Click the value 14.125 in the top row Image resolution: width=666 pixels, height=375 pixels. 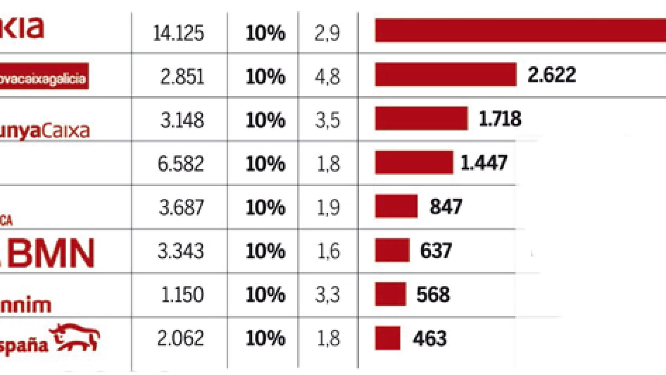click(178, 33)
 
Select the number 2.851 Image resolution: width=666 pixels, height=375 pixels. click(182, 77)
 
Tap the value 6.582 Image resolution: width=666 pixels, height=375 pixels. click(181, 164)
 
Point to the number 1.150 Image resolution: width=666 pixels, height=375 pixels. click(182, 295)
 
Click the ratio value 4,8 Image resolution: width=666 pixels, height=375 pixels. click(327, 77)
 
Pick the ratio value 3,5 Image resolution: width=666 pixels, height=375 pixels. click(327, 120)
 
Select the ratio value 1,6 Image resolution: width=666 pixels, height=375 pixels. click(328, 251)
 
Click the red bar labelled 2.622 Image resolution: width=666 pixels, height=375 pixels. click(445, 75)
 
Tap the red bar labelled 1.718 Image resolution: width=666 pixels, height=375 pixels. click(421, 118)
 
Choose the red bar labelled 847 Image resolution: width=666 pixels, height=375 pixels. click(396, 206)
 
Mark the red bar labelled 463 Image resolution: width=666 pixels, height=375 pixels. click(387, 338)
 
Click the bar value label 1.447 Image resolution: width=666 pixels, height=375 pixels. click(484, 162)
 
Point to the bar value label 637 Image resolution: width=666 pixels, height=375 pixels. click(436, 251)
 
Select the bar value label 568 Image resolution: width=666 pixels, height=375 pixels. click(433, 295)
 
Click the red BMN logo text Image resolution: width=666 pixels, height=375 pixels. click(50, 253)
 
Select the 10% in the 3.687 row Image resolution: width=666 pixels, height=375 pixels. click(265, 207)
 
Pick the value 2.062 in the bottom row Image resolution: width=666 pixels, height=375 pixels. click(180, 338)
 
